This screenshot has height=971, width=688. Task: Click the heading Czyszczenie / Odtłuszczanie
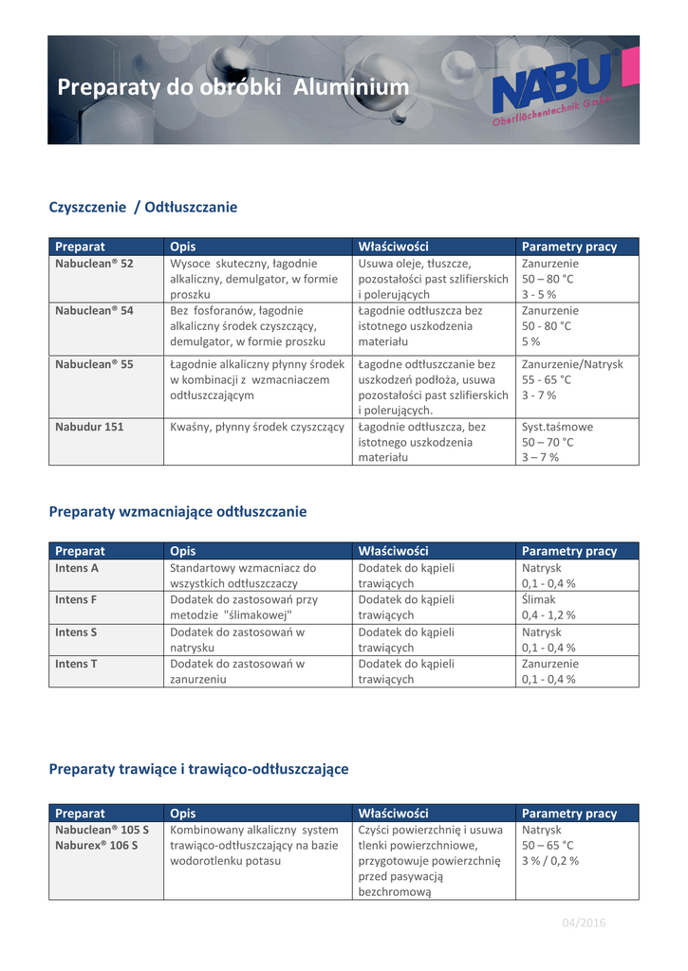(x=142, y=207)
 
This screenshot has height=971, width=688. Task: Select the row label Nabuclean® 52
(x=94, y=263)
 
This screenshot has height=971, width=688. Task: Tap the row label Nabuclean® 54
(x=94, y=310)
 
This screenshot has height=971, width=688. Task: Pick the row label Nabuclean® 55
(x=94, y=364)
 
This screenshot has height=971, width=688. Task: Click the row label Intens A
(x=77, y=568)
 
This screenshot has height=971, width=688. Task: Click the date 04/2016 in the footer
(x=584, y=923)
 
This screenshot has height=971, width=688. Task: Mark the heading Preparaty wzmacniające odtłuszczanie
(x=177, y=511)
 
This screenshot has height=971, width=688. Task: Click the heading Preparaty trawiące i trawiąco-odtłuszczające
(x=198, y=769)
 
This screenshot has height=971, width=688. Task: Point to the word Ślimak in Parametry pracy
(x=538, y=599)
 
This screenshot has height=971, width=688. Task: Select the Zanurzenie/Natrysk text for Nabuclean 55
(x=572, y=364)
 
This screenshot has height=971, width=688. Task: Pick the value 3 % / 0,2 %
(x=550, y=861)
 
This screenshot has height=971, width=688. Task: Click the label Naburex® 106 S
(x=96, y=845)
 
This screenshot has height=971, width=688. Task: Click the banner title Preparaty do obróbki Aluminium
(x=233, y=88)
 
